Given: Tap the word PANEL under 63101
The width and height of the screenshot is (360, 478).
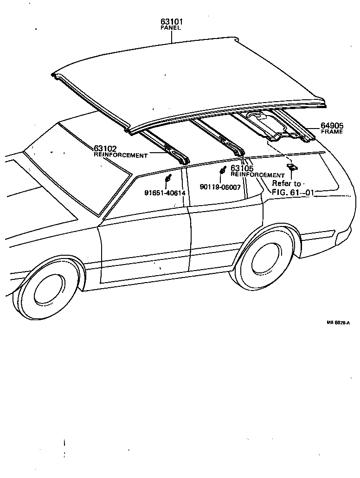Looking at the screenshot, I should (x=170, y=28).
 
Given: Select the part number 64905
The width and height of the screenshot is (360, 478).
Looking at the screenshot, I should (x=331, y=126).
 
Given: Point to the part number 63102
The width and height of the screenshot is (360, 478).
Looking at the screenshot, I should (x=105, y=149).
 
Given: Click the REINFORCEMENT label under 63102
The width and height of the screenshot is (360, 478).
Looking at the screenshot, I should (x=121, y=155).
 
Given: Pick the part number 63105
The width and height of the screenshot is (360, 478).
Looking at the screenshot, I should (x=241, y=169).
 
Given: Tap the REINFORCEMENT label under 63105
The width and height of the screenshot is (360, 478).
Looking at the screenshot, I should (x=257, y=175).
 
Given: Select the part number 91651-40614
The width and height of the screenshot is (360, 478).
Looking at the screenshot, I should (x=165, y=193).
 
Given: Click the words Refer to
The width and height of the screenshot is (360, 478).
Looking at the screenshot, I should (x=286, y=184).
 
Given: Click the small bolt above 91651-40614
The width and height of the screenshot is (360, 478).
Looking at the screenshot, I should (x=169, y=178).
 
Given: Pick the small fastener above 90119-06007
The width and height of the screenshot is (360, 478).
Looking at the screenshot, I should (x=223, y=170).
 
